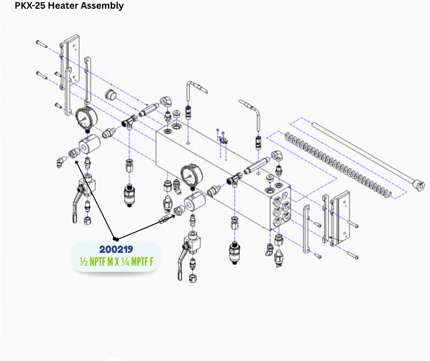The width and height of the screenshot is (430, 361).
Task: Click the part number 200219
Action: pyautogui.click(x=116, y=249)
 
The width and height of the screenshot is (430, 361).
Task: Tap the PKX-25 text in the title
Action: pyautogui.click(x=30, y=5)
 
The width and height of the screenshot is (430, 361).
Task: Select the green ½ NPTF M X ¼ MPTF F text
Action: pyautogui.click(x=116, y=262)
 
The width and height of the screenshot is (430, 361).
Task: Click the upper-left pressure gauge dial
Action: pyautogui.click(x=86, y=118)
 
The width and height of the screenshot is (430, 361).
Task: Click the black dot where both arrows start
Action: pyautogui.click(x=116, y=239)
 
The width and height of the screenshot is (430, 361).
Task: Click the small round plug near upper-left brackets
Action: pyautogui.click(x=111, y=94)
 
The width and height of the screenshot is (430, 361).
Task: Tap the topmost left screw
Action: pyautogui.click(x=42, y=43)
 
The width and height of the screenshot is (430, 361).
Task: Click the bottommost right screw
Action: pyautogui.click(x=353, y=256)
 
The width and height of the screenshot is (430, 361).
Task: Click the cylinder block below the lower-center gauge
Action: pyautogui.click(x=195, y=202)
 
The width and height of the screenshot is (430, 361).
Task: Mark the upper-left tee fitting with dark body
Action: pyautogui.click(x=129, y=120)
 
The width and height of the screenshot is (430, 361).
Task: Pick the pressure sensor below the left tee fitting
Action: pyautogui.click(x=129, y=196)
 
